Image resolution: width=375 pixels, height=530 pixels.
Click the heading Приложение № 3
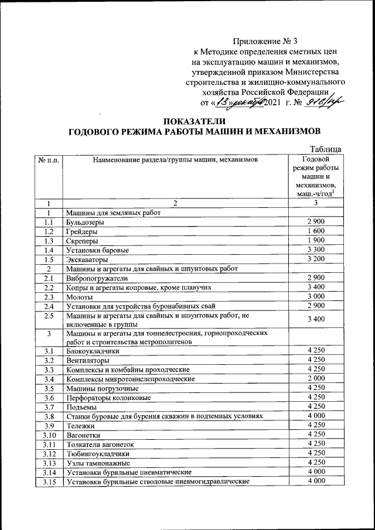[x=265, y=41]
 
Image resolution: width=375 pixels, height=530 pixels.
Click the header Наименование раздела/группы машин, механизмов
[x=174, y=159]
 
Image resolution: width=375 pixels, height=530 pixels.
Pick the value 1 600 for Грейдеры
[x=316, y=231]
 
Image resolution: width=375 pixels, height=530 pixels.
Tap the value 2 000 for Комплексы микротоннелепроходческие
[x=316, y=379]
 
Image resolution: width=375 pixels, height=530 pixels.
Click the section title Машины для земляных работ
[x=113, y=213]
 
